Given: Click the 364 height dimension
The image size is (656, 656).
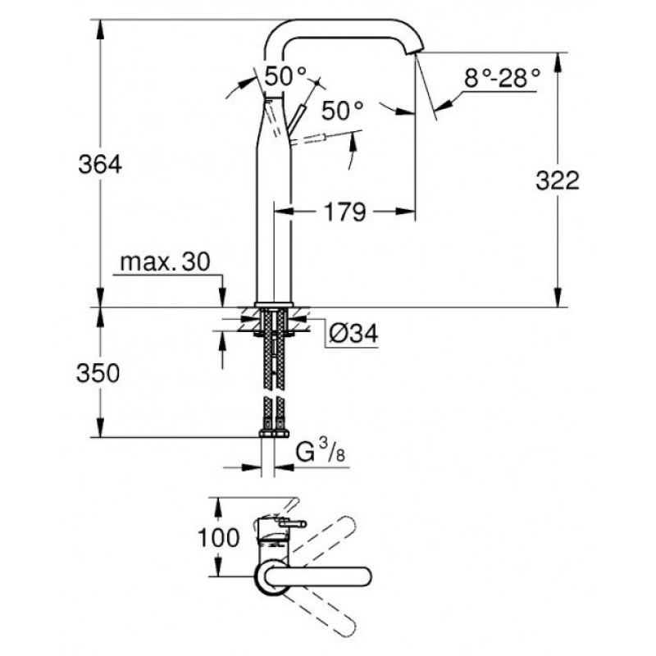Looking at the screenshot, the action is tap(100, 165).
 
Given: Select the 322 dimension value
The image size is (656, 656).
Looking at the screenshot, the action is tap(558, 181).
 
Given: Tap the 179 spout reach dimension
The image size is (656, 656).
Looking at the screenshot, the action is tap(345, 212).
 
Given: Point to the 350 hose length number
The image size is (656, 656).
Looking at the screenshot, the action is tap(98, 373).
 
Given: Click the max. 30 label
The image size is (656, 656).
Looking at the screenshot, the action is tap(166, 262).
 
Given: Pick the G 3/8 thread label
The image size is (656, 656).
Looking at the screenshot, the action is tap(321, 452).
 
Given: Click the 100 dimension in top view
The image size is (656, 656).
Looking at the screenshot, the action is tap(218, 538).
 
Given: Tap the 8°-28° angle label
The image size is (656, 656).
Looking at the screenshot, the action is tap(502, 78).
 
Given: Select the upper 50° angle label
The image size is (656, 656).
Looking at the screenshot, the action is tap(285, 76).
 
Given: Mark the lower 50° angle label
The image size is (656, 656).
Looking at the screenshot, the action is tap(342, 111).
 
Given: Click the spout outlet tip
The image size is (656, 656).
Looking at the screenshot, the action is tap(415, 51).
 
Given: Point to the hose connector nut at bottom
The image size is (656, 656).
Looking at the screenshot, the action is tap(274, 433).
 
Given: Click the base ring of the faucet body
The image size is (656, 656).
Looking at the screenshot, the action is tap(274, 304).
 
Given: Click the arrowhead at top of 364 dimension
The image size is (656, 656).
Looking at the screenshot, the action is tap(100, 30).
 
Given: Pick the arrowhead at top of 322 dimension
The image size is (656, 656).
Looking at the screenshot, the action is tap(558, 63).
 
